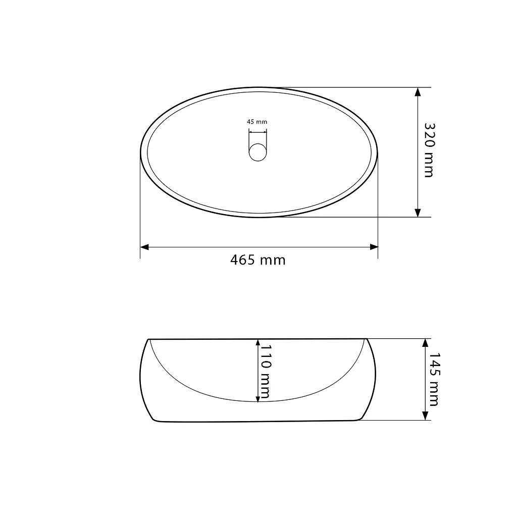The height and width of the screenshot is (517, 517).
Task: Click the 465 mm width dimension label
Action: [x=258, y=260]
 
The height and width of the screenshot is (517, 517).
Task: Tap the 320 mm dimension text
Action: [x=429, y=150]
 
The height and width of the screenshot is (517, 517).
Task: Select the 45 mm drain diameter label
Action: [x=257, y=122]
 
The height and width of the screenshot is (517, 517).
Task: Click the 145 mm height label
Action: [x=434, y=379]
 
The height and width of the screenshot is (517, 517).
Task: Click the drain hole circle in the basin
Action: [x=258, y=152]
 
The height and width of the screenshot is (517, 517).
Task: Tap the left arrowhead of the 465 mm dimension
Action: [x=144, y=247]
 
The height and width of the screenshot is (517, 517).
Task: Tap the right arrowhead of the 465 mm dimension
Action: [x=374, y=247]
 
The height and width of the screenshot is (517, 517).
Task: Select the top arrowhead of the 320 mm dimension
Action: [x=418, y=92]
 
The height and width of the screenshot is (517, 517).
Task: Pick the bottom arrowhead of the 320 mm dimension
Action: [x=418, y=213]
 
